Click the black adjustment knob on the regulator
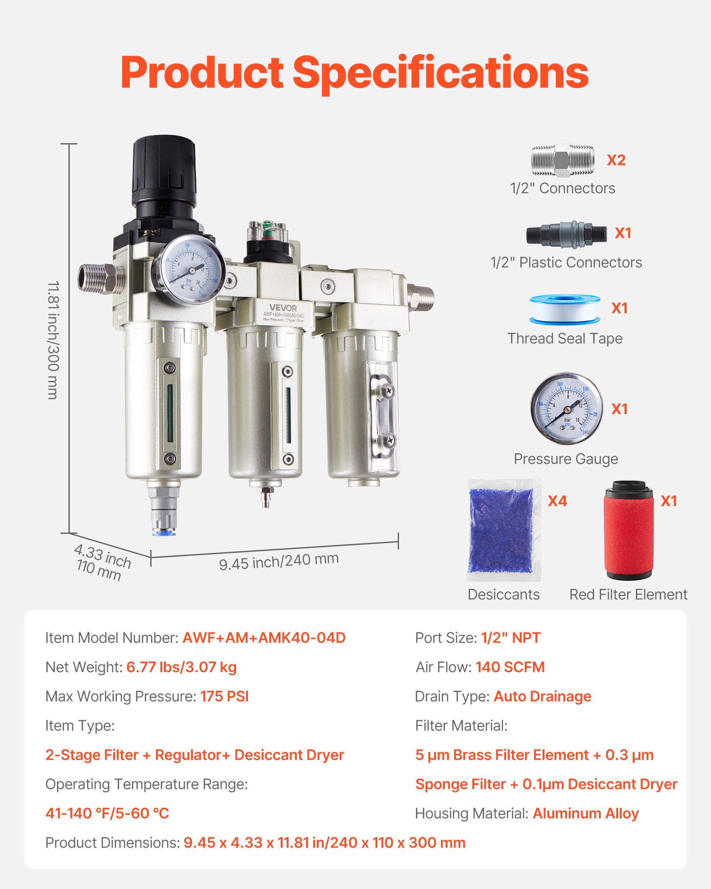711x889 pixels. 164,171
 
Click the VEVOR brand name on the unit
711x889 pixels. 283,308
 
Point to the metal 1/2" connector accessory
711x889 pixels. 563,160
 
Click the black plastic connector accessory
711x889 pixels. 566,234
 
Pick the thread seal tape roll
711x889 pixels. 565,309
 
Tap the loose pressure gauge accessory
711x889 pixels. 567,408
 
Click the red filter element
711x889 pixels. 628,531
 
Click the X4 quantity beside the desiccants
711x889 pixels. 557,501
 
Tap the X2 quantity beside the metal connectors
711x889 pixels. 616,160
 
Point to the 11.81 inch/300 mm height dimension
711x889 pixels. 53,340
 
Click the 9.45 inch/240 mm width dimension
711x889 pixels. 279,561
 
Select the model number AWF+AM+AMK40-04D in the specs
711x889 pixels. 264,638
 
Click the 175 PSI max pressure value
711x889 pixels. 224,697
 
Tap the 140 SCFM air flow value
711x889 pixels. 510,667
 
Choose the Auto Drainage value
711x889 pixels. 542,697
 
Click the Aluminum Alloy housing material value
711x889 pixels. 585,813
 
